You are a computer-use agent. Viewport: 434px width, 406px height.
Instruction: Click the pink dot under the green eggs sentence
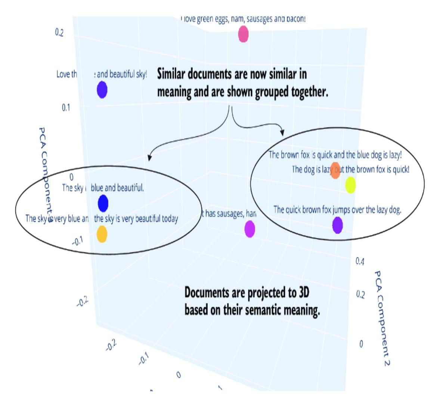(243, 34)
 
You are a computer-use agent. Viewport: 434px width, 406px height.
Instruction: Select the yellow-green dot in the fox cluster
(350, 185)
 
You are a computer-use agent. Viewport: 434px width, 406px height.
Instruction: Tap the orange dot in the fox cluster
(335, 170)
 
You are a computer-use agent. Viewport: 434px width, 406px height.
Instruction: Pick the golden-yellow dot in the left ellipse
(102, 234)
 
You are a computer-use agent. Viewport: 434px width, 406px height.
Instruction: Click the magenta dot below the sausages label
(249, 229)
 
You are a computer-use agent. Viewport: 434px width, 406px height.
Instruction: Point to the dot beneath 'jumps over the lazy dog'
(337, 225)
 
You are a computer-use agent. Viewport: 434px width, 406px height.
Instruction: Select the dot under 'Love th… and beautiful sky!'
(102, 90)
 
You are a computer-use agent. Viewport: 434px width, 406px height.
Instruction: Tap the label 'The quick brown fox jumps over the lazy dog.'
(337, 210)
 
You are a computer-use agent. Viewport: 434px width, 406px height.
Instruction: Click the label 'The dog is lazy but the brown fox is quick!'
(350, 169)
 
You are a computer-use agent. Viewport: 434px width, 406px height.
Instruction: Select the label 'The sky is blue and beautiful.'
(103, 188)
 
